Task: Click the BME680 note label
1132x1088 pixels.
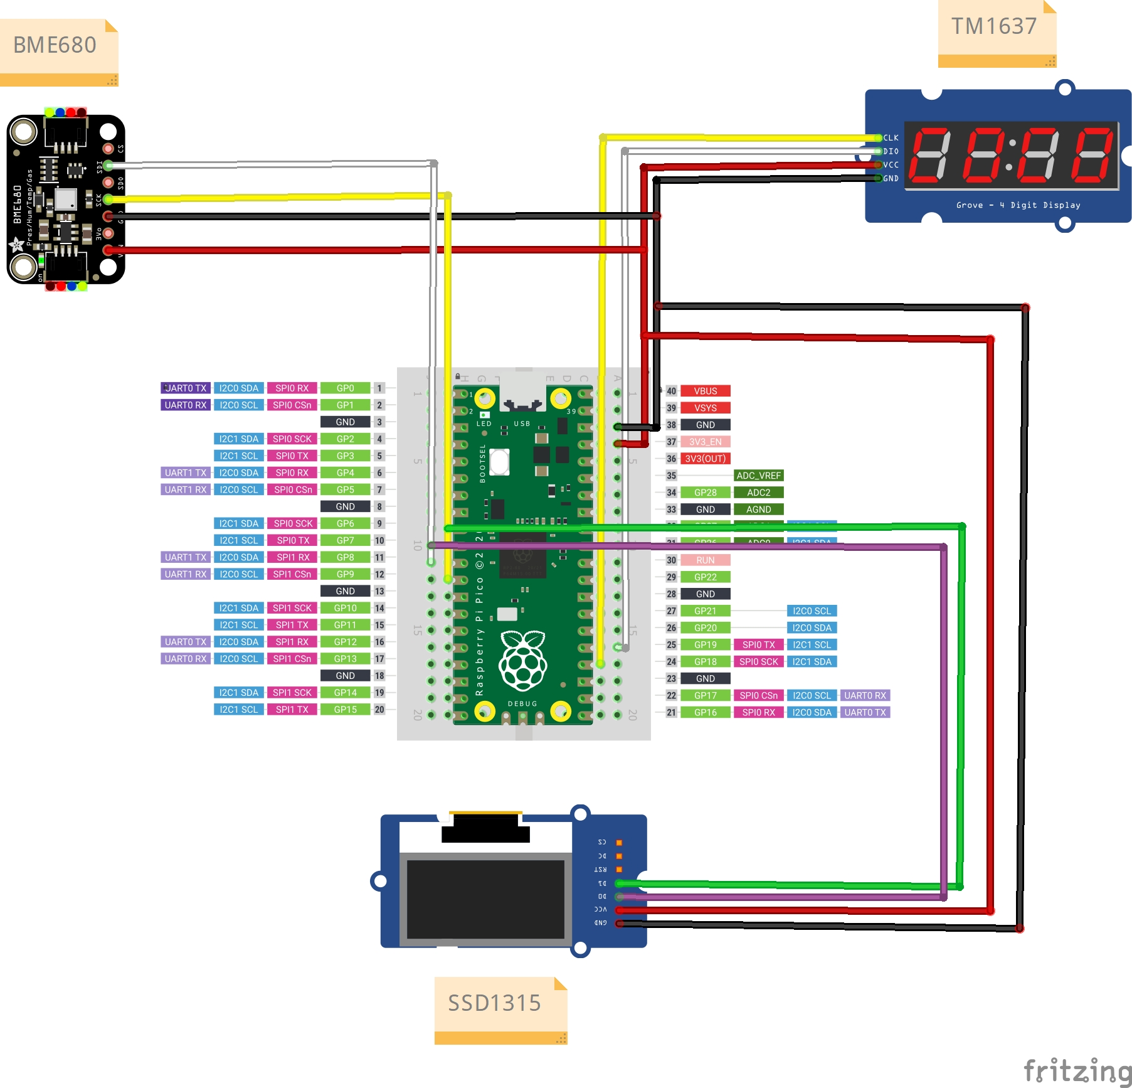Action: (55, 46)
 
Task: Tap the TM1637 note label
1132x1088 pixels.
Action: (994, 27)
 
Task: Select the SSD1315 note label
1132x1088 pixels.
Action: (494, 1003)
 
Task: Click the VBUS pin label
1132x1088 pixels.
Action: (705, 391)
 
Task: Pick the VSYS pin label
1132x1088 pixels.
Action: (705, 408)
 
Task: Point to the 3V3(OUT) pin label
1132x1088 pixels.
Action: (705, 459)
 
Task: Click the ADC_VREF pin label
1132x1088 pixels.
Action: (758, 476)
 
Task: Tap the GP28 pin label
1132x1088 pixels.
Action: (705, 493)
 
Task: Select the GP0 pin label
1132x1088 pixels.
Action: (345, 388)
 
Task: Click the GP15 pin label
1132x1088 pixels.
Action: (345, 710)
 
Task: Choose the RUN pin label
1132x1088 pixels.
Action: (705, 560)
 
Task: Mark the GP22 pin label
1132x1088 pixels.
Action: (705, 577)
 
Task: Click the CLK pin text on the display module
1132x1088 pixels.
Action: (891, 138)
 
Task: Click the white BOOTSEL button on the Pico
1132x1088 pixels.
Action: (500, 462)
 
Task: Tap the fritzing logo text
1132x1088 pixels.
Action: (1077, 1070)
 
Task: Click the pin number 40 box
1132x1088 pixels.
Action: (671, 391)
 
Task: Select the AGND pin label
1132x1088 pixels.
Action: (758, 509)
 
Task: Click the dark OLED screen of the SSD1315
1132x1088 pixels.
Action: (485, 899)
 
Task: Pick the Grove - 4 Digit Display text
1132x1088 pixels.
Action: (1018, 205)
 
